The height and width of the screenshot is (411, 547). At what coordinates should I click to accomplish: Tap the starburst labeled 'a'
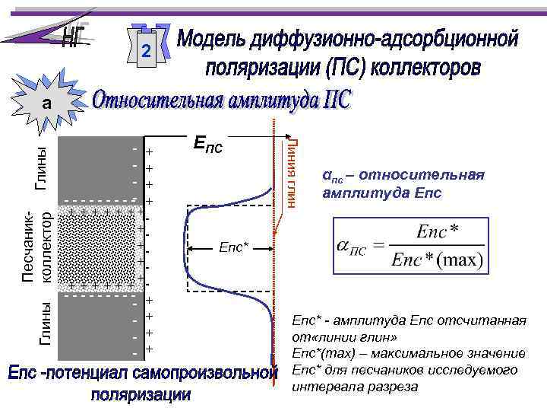[x=47, y=103]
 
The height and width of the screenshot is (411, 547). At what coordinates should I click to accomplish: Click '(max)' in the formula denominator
[x=462, y=261]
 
